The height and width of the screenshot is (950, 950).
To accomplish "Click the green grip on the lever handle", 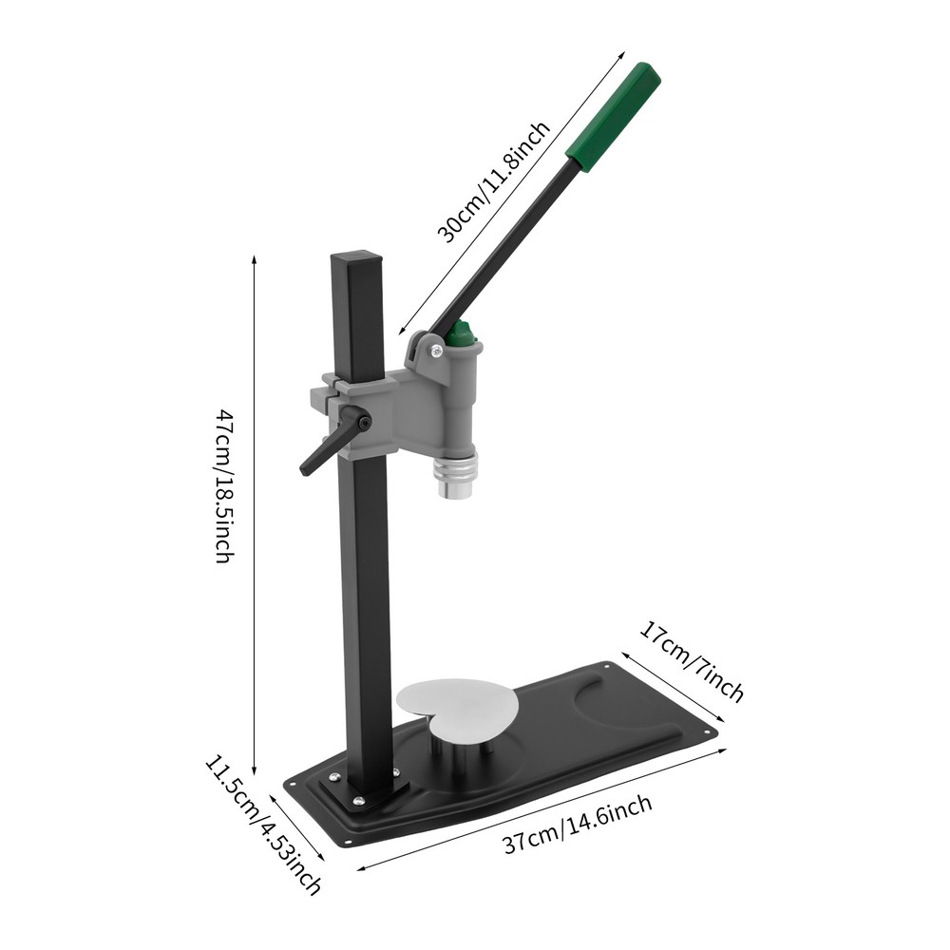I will [x=614, y=116].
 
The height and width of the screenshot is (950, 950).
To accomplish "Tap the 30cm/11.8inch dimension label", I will [x=493, y=181].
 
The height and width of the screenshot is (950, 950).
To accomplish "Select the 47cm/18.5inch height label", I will [x=223, y=485].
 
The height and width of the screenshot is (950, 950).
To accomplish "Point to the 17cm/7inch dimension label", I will [x=691, y=660].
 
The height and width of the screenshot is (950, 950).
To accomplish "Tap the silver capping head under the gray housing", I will [x=456, y=474].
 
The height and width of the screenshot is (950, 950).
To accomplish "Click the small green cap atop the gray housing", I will [x=462, y=333].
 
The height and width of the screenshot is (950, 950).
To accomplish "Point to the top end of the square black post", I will [x=356, y=257].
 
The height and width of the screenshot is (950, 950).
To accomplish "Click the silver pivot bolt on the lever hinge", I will [x=435, y=351].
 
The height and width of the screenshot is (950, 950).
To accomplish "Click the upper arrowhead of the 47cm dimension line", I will [x=255, y=258].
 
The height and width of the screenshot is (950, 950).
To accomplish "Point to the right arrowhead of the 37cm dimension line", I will [x=723, y=750].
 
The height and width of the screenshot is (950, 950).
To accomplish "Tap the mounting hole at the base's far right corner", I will [x=709, y=731].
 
